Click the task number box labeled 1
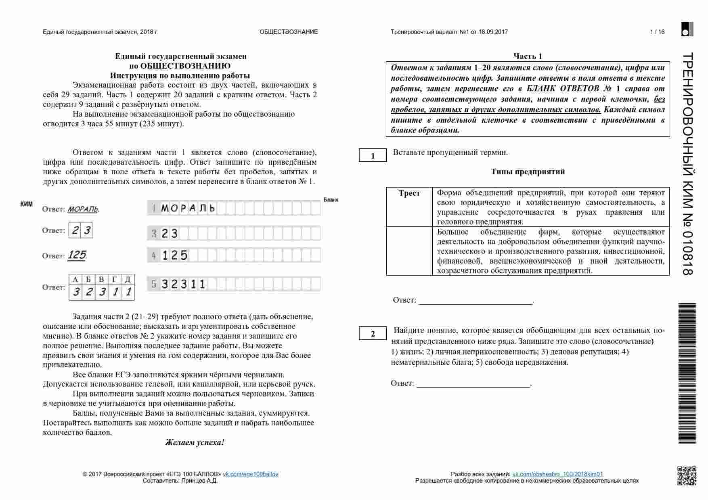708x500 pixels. [x=373, y=156]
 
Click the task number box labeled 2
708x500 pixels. [x=373, y=334]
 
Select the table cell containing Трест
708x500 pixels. [x=409, y=193]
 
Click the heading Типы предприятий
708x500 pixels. [x=528, y=172]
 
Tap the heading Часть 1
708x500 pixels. [x=528, y=56]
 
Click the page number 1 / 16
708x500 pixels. [x=657, y=32]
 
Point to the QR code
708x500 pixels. [x=687, y=476]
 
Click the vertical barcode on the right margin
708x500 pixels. [x=687, y=373]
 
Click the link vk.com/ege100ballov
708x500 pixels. [x=250, y=474]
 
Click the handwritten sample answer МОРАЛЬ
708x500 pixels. [x=83, y=209]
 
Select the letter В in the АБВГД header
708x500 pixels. [x=101, y=279]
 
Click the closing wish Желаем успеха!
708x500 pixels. [x=195, y=442]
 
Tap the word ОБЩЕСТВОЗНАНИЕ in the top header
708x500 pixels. [x=289, y=32]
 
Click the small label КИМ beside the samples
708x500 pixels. [x=27, y=204]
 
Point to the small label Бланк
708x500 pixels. [x=331, y=200]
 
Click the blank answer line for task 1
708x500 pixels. [x=475, y=301]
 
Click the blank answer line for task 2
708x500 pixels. [x=473, y=384]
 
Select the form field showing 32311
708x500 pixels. [x=234, y=284]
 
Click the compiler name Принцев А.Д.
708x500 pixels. [x=199, y=481]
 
